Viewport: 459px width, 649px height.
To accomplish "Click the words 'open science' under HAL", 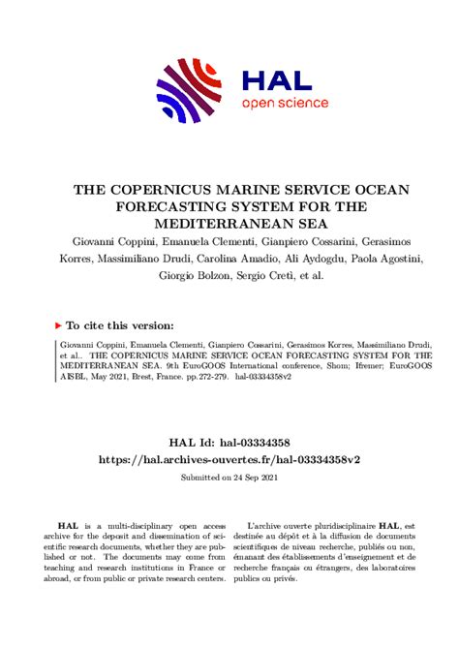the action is click(x=285, y=103).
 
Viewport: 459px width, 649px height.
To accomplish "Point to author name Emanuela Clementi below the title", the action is click(x=208, y=240).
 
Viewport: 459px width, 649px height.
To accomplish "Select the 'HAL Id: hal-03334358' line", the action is click(x=229, y=440).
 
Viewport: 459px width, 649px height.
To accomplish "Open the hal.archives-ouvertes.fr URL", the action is click(x=229, y=457).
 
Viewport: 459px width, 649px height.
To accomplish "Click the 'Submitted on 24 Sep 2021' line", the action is click(x=229, y=478).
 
